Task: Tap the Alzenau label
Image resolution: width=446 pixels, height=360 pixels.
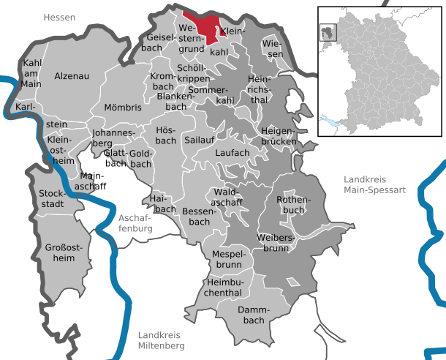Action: [72, 76]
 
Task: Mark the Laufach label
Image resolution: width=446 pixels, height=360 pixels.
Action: [233, 153]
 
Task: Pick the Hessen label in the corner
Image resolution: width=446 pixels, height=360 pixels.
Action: [59, 17]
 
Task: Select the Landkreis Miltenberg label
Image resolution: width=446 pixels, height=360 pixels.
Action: [162, 340]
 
